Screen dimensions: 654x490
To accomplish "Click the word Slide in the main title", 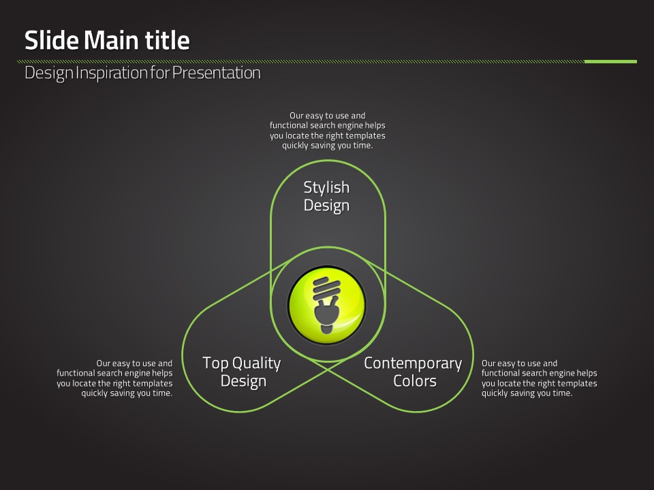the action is click(x=52, y=40).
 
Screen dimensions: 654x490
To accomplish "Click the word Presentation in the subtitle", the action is click(x=216, y=73).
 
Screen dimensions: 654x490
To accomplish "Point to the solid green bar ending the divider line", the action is click(x=610, y=62).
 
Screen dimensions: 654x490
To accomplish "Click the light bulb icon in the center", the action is click(x=327, y=305).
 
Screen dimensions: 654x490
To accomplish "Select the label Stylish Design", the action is click(x=326, y=197).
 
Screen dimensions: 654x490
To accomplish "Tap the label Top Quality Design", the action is click(x=242, y=372).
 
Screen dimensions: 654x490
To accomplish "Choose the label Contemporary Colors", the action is click(x=413, y=372).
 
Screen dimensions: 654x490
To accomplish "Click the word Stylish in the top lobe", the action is click(x=326, y=188).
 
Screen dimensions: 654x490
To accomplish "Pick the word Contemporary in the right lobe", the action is click(x=413, y=363).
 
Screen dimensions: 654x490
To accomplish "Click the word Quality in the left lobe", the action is click(x=257, y=363).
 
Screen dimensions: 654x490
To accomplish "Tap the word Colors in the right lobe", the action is click(x=415, y=381).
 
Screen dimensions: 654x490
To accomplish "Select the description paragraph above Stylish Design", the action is click(x=328, y=131).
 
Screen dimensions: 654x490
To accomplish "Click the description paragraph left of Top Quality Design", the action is click(x=114, y=378).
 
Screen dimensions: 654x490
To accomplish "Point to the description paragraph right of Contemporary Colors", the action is click(x=540, y=378).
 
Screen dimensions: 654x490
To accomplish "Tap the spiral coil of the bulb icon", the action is click(x=326, y=289).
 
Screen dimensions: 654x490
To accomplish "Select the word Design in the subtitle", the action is click(x=49, y=73).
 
